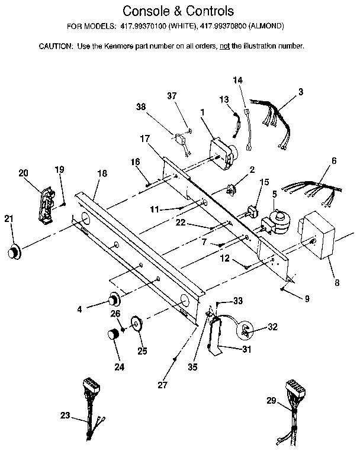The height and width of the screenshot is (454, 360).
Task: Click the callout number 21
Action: point(8,219)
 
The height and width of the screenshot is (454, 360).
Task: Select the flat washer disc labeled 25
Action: point(136,324)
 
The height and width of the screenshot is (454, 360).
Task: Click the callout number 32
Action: point(272,326)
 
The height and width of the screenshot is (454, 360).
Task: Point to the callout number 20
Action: point(24,173)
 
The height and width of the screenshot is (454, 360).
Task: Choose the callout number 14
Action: point(237,80)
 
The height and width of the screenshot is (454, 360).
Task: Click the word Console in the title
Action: point(145,11)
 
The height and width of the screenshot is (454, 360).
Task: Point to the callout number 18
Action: point(102,173)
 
